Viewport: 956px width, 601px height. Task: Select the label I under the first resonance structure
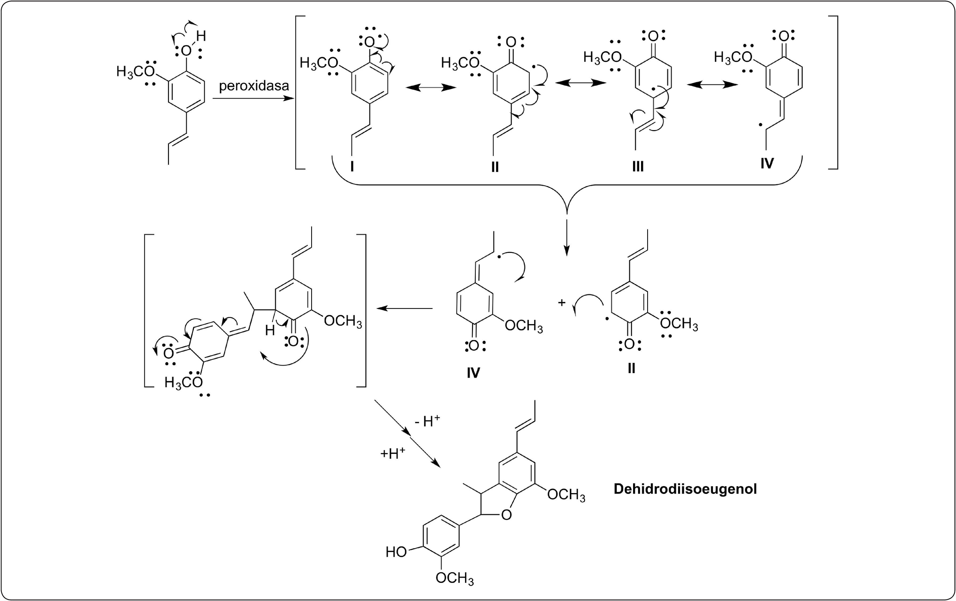tap(352, 167)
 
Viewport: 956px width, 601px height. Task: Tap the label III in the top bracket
tap(638, 167)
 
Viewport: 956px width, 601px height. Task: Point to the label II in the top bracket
tap(495, 167)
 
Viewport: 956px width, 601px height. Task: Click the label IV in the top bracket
tap(767, 163)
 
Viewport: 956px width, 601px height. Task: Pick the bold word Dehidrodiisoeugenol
tap(685, 489)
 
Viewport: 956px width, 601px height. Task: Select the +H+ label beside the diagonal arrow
tap(393, 453)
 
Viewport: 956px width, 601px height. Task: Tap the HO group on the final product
tap(396, 552)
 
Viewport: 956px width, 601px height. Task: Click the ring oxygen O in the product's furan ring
tap(506, 515)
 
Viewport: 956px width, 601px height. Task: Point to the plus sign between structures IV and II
tap(561, 303)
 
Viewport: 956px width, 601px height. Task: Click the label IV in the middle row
tap(473, 373)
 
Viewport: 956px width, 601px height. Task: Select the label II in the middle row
tap(631, 369)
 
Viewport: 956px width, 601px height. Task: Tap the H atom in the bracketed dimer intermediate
tap(270, 330)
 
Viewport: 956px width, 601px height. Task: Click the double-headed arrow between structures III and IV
tap(712, 85)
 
